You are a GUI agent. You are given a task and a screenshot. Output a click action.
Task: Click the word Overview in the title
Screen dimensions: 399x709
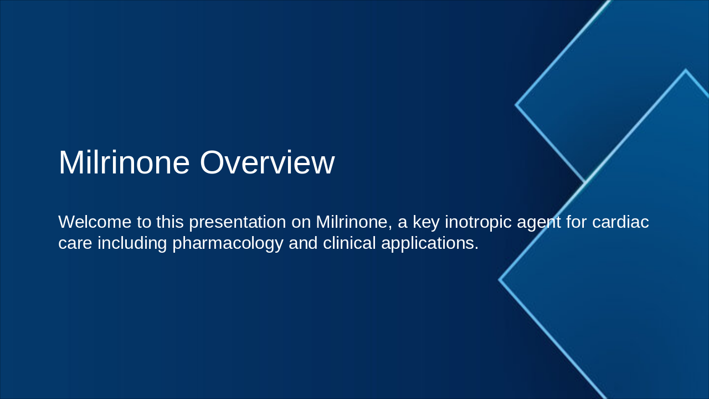[x=267, y=163]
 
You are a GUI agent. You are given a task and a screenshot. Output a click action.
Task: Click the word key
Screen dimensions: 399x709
[x=426, y=222]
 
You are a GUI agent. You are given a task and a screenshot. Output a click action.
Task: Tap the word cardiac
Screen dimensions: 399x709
[x=620, y=222]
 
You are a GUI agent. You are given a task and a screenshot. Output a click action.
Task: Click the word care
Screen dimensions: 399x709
[x=75, y=243]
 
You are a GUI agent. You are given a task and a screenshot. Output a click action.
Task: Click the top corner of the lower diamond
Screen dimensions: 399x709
[x=686, y=70]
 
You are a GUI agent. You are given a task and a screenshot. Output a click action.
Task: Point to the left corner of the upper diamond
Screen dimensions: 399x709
[x=516, y=104]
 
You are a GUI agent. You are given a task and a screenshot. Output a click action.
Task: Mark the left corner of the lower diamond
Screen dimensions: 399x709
[x=500, y=280]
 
